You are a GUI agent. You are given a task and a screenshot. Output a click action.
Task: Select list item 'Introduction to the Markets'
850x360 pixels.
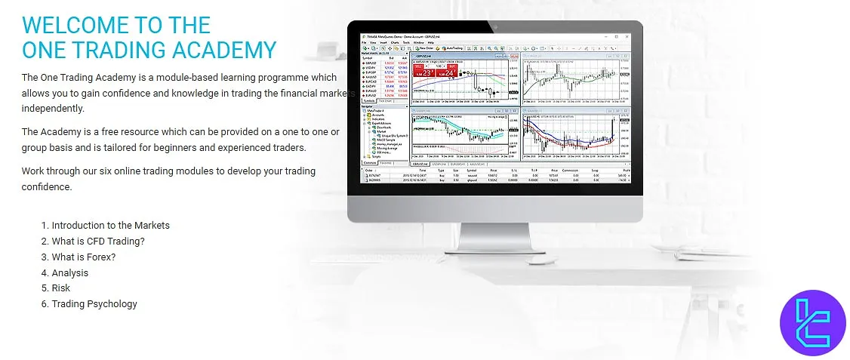[110, 225]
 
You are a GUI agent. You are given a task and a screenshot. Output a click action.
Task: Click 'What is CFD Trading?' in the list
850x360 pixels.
[97, 241]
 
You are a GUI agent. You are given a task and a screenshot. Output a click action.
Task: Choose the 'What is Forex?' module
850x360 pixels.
[83, 257]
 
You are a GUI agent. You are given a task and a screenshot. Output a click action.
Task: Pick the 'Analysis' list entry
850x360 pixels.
[69, 272]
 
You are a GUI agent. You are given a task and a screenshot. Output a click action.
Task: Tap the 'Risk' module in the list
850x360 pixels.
[60, 288]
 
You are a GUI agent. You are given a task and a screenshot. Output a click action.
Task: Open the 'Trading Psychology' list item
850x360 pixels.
[94, 304]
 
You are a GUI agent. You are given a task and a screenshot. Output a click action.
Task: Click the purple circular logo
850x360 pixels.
[812, 322]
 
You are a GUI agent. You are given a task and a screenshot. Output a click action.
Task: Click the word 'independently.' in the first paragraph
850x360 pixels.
[53, 108]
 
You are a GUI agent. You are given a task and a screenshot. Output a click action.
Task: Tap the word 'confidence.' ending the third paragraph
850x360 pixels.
[47, 186]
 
